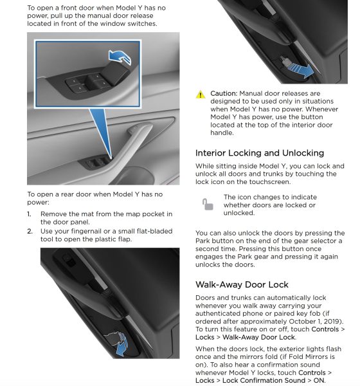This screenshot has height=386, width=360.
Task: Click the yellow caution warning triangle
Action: (201, 95)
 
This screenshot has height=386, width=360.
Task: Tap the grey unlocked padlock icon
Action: (208, 205)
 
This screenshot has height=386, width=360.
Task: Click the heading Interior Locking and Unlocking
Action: (260, 153)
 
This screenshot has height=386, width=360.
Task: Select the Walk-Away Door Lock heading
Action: (242, 284)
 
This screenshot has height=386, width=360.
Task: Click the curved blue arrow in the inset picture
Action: (120, 57)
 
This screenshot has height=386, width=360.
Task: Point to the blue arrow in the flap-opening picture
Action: (122, 346)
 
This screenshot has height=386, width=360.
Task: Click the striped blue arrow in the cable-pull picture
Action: (301, 69)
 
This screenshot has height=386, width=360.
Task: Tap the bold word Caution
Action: (224, 93)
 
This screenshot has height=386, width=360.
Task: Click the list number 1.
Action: (29, 214)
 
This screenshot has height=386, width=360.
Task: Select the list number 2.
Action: (30, 232)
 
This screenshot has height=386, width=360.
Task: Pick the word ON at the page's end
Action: (319, 380)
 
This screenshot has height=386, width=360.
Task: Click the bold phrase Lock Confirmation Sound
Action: (264, 380)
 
